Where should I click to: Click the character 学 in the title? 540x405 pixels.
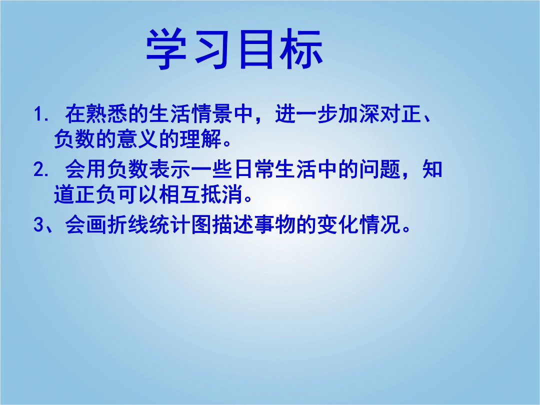coord(166,49)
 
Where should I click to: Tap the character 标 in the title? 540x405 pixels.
coord(301,49)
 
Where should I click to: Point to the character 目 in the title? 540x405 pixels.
coord(256,49)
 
